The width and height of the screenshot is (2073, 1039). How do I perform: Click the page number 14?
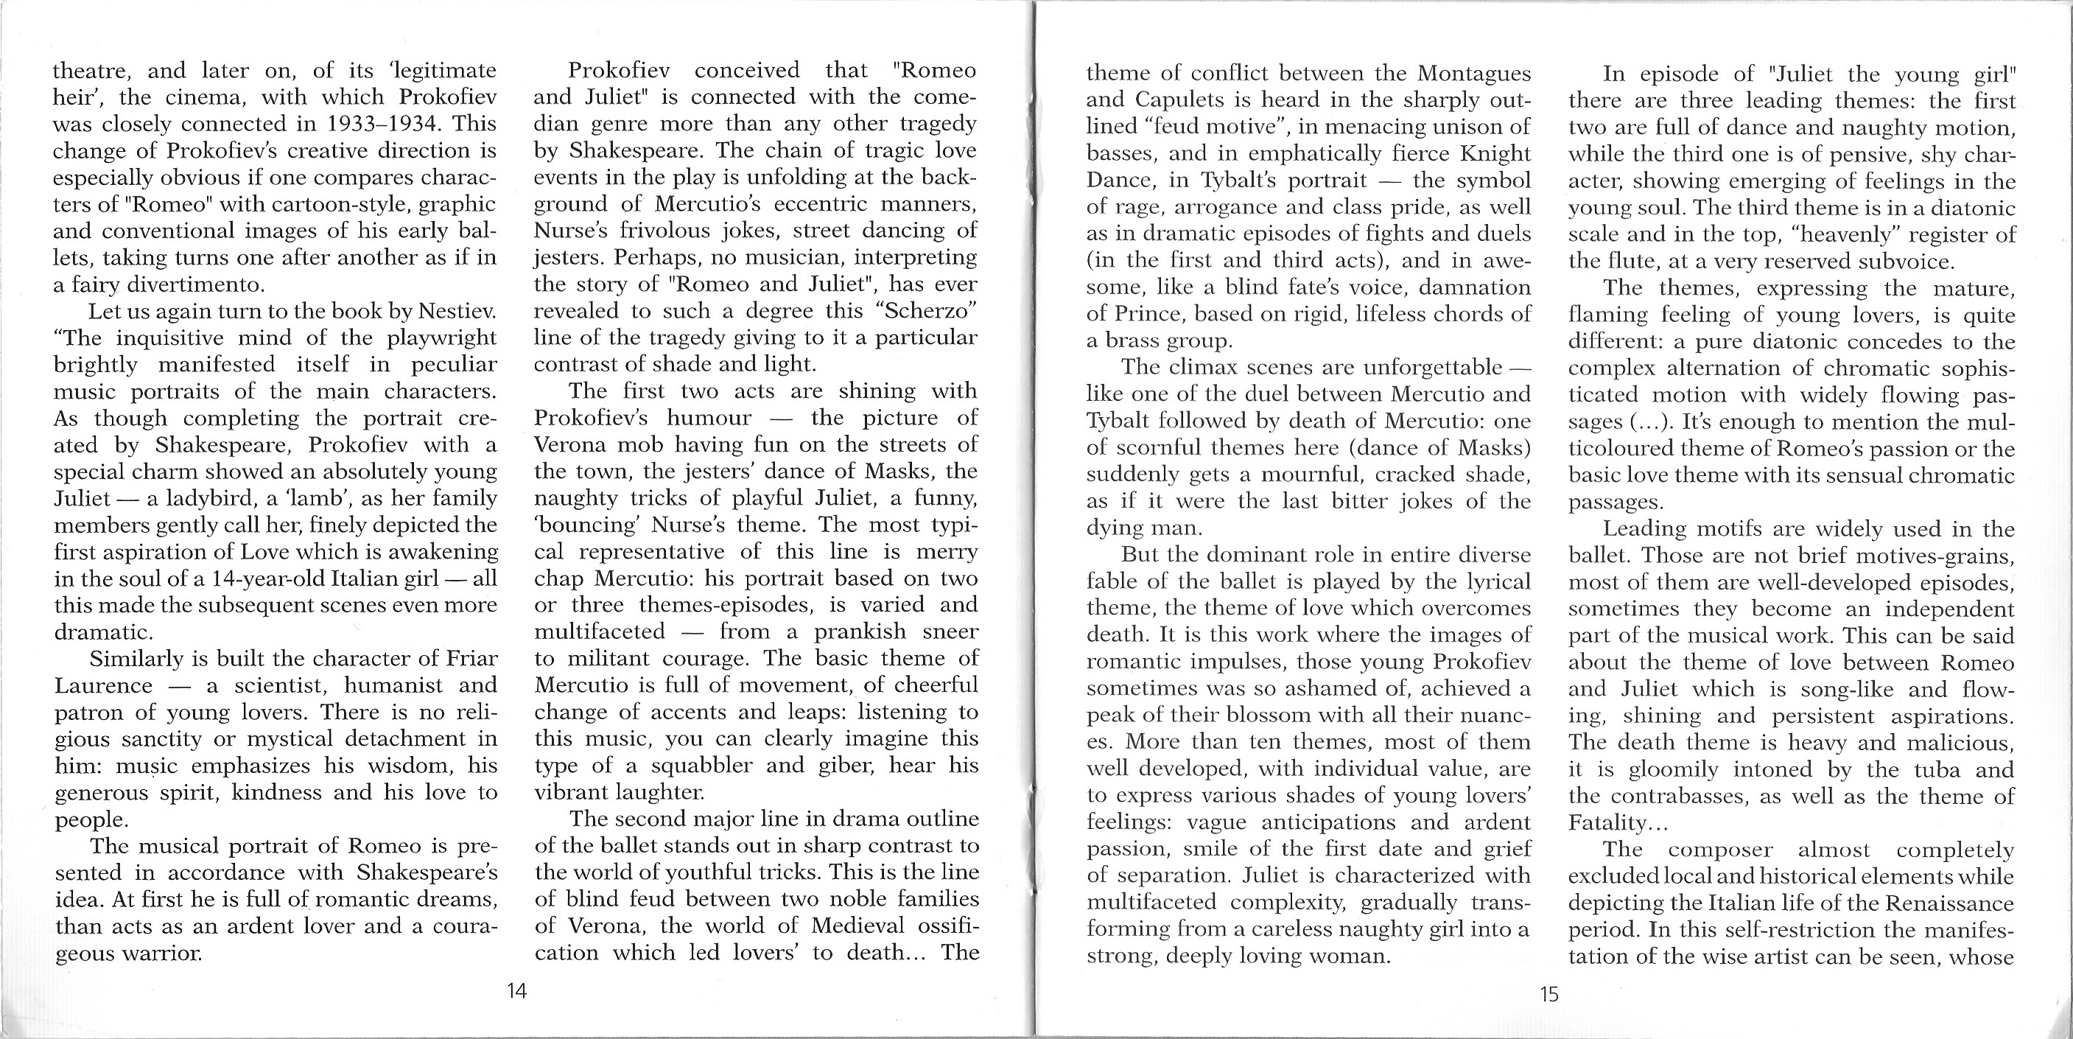click(x=516, y=990)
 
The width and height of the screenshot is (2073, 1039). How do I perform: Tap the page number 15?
click(x=1549, y=994)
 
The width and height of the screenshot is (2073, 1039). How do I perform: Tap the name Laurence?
click(x=103, y=686)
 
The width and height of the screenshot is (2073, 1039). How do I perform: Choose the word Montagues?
click(x=1473, y=73)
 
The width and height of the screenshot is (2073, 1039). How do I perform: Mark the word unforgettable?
click(x=1432, y=367)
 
